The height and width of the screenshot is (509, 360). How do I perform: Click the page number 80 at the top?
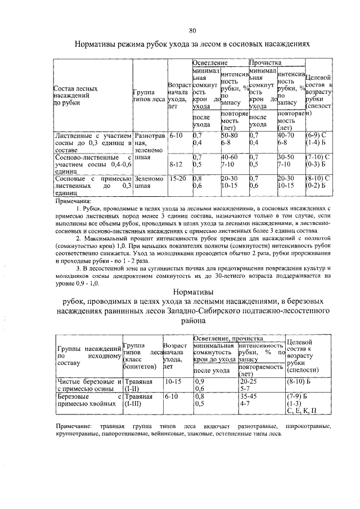point(192,30)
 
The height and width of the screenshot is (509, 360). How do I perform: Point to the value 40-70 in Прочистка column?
point(286,136)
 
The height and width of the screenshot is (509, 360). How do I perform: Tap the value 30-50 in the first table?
point(286,157)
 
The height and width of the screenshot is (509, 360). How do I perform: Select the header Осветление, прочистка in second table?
point(228,339)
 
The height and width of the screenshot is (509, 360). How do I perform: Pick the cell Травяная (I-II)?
point(139,385)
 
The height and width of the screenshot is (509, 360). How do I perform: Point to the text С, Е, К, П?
point(301,410)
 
